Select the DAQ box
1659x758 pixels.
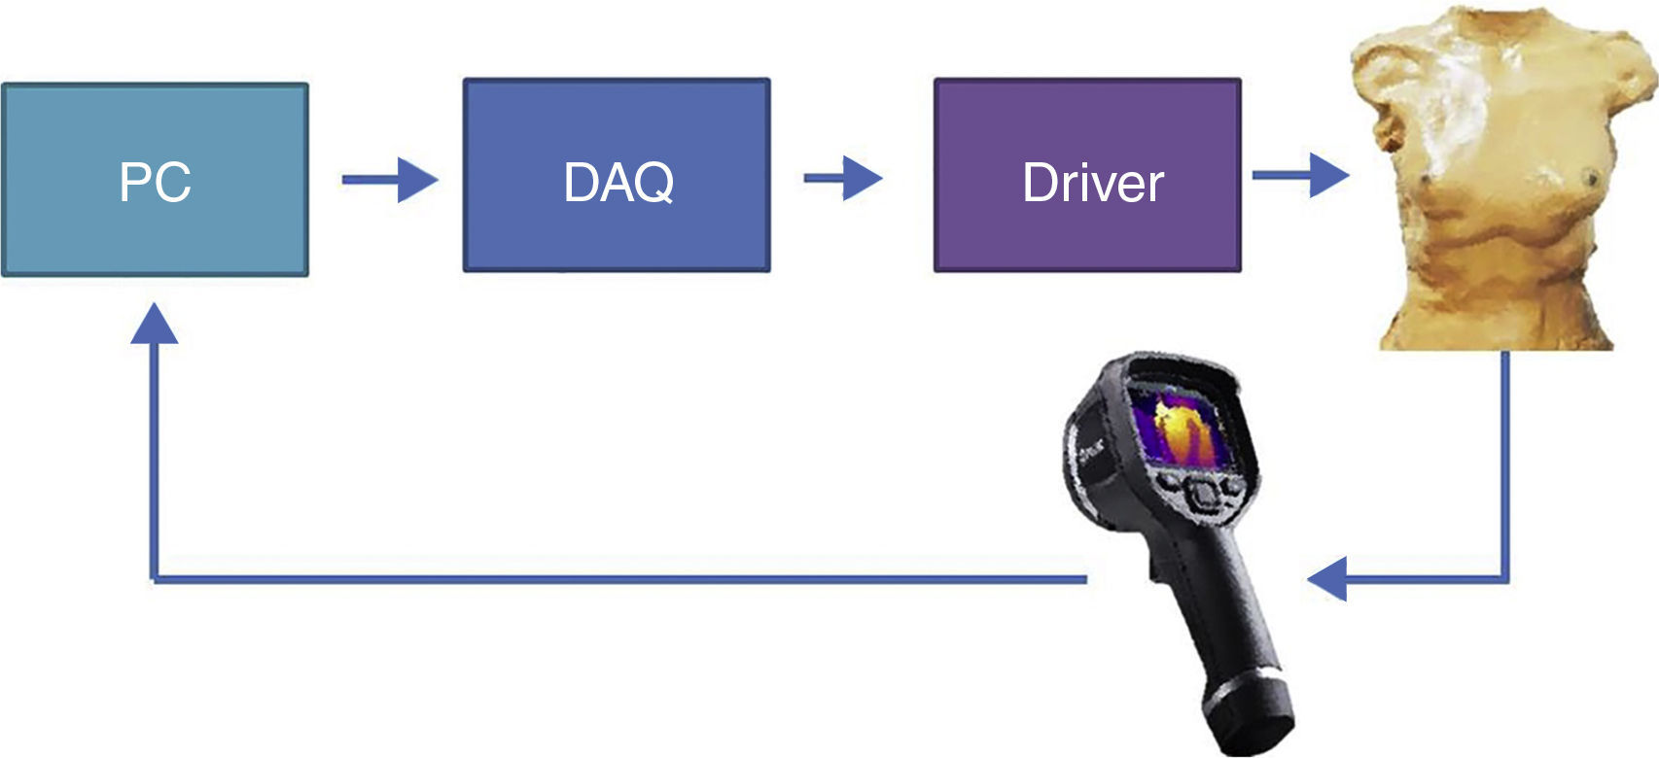(617, 233)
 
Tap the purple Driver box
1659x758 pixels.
(1087, 233)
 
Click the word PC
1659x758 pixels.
(155, 182)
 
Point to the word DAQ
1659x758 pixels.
(618, 182)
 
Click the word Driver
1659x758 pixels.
(1092, 183)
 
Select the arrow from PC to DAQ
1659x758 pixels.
(389, 180)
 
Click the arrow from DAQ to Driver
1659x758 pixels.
(842, 178)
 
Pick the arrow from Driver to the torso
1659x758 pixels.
(1299, 175)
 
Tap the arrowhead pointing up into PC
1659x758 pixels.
(154, 325)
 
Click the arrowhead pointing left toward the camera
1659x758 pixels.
(1328, 579)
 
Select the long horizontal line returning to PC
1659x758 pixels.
(622, 579)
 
